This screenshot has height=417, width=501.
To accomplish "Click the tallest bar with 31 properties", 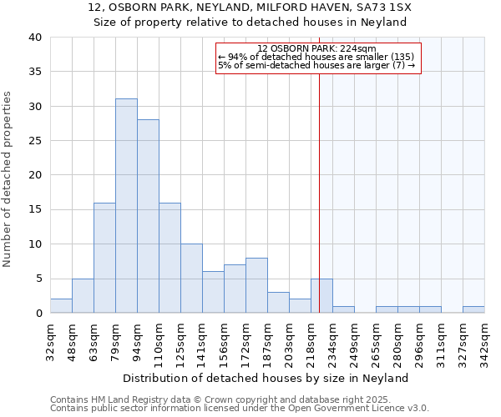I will pos(126,206).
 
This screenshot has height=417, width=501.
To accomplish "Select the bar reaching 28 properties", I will pos(148,216).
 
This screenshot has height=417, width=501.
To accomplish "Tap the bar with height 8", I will pos(256,285).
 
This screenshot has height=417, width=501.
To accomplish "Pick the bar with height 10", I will pos(191,279).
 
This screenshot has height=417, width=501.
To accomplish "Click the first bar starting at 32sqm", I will pos(61,306).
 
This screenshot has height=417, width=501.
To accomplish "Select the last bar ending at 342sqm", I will pos(473,309).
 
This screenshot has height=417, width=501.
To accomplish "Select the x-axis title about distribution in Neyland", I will pos(271,378).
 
